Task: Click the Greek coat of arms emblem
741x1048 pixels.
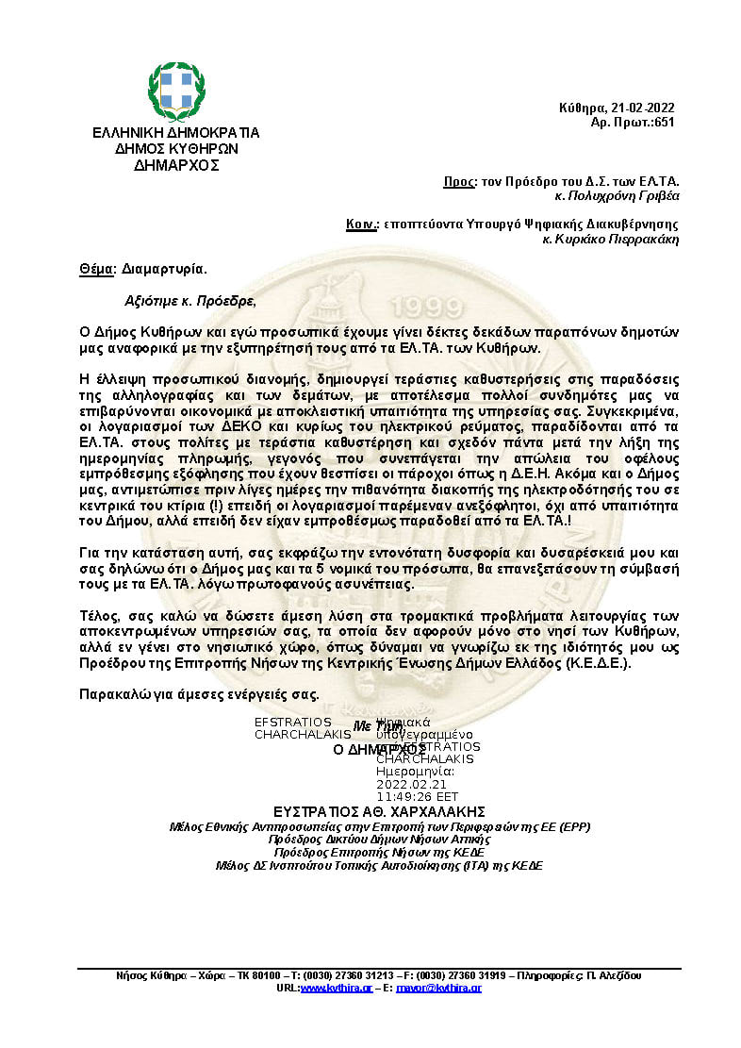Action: coord(175,91)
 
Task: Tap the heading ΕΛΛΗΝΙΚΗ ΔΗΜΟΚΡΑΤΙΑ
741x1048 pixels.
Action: coord(175,133)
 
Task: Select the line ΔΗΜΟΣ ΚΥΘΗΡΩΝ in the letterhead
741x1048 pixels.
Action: coord(175,148)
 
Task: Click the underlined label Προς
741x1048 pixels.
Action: coord(455,181)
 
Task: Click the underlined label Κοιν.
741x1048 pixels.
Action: coord(361,225)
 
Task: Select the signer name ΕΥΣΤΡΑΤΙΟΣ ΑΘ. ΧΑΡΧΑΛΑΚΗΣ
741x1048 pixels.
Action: coord(379,811)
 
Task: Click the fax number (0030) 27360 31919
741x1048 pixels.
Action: coord(453,974)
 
